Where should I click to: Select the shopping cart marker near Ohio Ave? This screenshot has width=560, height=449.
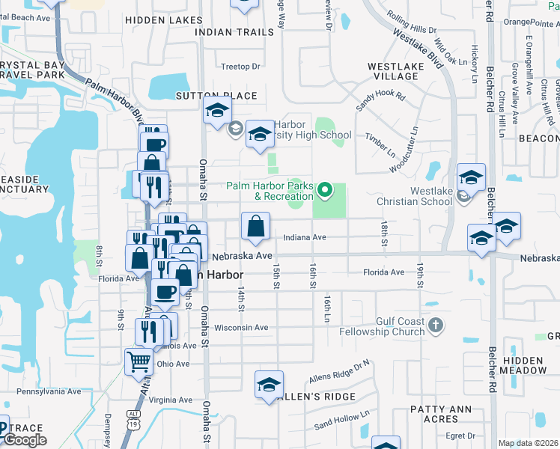pos(139,361)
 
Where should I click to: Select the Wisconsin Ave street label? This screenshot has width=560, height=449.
pos(241,327)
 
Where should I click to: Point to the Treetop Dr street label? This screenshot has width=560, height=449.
pos(240,66)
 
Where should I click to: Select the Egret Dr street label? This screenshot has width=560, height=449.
pos(460,436)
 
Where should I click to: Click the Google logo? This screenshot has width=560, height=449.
pos(25,440)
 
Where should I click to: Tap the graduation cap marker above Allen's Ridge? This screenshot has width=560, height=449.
pos(269,385)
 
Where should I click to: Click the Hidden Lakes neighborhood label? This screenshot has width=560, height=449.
pos(163,20)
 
